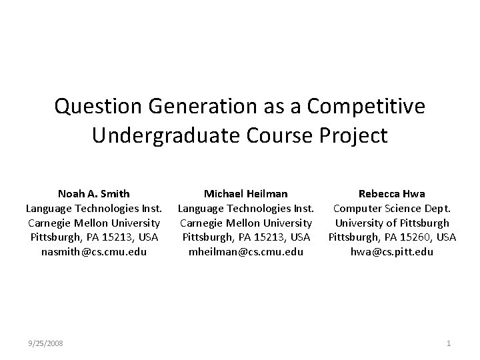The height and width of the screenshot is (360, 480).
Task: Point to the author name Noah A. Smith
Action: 94,194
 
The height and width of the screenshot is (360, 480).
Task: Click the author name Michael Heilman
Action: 246,194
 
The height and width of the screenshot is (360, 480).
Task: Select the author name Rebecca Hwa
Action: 392,194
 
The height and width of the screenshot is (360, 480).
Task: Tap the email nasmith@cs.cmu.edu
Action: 94,251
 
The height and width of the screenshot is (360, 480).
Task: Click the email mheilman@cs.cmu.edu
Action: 246,251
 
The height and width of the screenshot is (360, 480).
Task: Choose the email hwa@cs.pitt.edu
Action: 392,251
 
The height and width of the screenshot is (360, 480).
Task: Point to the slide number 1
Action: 449,343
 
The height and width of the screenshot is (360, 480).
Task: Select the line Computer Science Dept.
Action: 392,208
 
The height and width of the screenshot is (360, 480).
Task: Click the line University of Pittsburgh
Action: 392,223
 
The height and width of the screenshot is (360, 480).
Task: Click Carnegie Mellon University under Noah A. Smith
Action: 94,223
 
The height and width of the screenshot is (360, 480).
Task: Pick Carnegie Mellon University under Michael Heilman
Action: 246,223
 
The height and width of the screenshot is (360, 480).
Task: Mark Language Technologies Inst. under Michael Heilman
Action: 246,208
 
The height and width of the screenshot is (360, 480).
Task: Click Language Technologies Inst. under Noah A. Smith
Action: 94,208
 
